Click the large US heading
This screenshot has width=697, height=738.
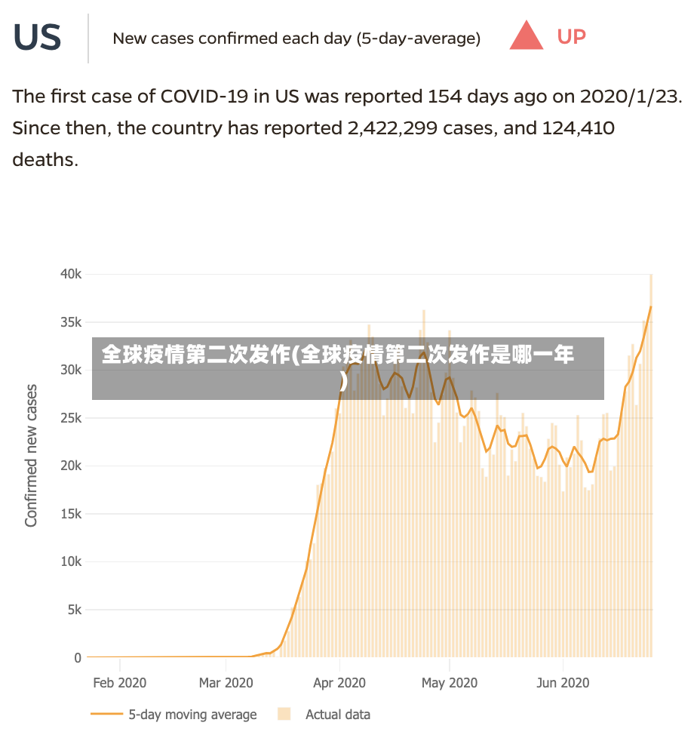coord(37,37)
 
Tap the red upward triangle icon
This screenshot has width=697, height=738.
coord(527,35)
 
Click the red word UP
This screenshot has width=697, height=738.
coord(571,37)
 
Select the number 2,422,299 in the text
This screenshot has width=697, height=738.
coord(392,128)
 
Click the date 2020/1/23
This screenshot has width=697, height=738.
coord(631,97)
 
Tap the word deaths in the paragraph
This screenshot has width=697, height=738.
coord(45,159)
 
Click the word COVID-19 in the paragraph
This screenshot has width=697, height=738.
coord(204,97)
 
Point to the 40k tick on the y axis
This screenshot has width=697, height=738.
coord(71,274)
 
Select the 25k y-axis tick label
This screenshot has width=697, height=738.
coord(71,418)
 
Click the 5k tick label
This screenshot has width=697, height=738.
coord(75,610)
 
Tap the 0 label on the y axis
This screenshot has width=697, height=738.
coord(78,658)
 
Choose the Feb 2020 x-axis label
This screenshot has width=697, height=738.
coord(119,683)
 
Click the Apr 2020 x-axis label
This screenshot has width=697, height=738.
coord(339,683)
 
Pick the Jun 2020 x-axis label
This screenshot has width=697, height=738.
coord(563,683)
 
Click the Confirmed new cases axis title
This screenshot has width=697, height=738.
coord(31,456)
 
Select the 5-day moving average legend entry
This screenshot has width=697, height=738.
coord(173,715)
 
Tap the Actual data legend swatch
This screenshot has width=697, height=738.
coord(284,714)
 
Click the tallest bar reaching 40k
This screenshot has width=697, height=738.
coord(651,466)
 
